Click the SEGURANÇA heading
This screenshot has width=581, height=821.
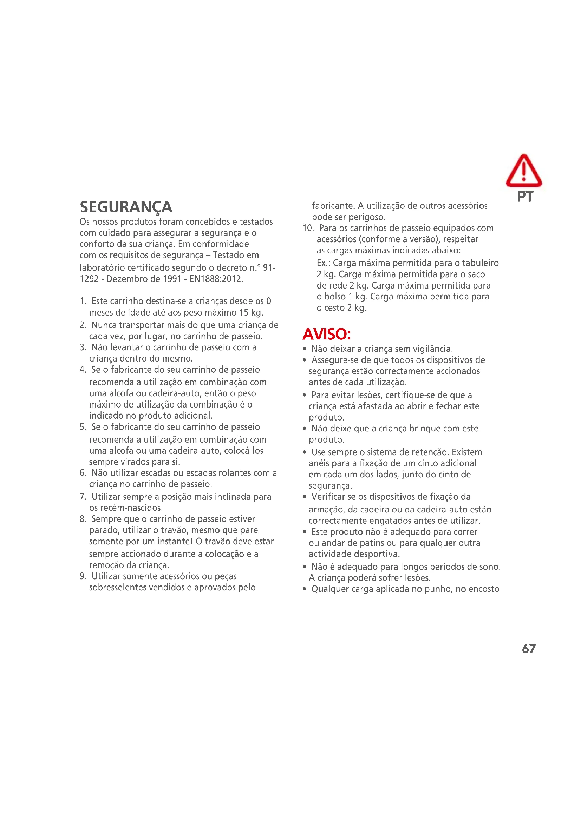pos(126,207)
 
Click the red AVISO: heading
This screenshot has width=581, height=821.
pos(326,335)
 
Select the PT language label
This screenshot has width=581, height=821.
pos(525,196)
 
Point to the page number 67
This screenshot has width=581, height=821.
pos(528,649)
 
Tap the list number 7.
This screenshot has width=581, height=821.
pos(83,497)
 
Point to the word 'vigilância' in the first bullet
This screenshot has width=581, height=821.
pos(432,349)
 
